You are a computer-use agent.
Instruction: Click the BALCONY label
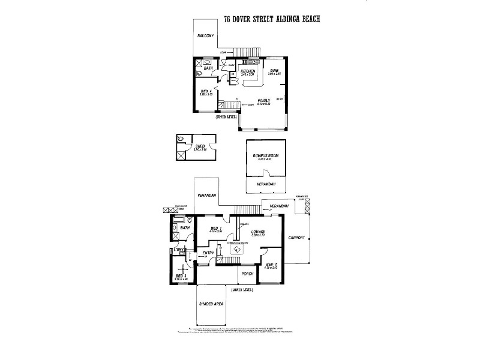(x=206, y=36)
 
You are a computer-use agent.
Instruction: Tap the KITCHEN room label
(x=248, y=71)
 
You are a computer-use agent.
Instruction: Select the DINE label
(x=275, y=71)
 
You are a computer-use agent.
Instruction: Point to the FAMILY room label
(x=264, y=100)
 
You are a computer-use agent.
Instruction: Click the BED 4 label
(x=206, y=91)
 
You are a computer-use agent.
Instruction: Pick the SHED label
(x=200, y=146)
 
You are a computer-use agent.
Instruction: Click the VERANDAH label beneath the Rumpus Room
(x=265, y=184)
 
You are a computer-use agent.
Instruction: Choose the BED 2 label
(x=271, y=264)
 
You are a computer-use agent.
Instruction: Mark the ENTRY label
(x=208, y=253)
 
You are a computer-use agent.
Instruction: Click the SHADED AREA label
(x=211, y=304)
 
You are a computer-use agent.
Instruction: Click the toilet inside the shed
(x=181, y=140)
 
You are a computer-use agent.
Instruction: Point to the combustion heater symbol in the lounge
(x=236, y=249)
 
